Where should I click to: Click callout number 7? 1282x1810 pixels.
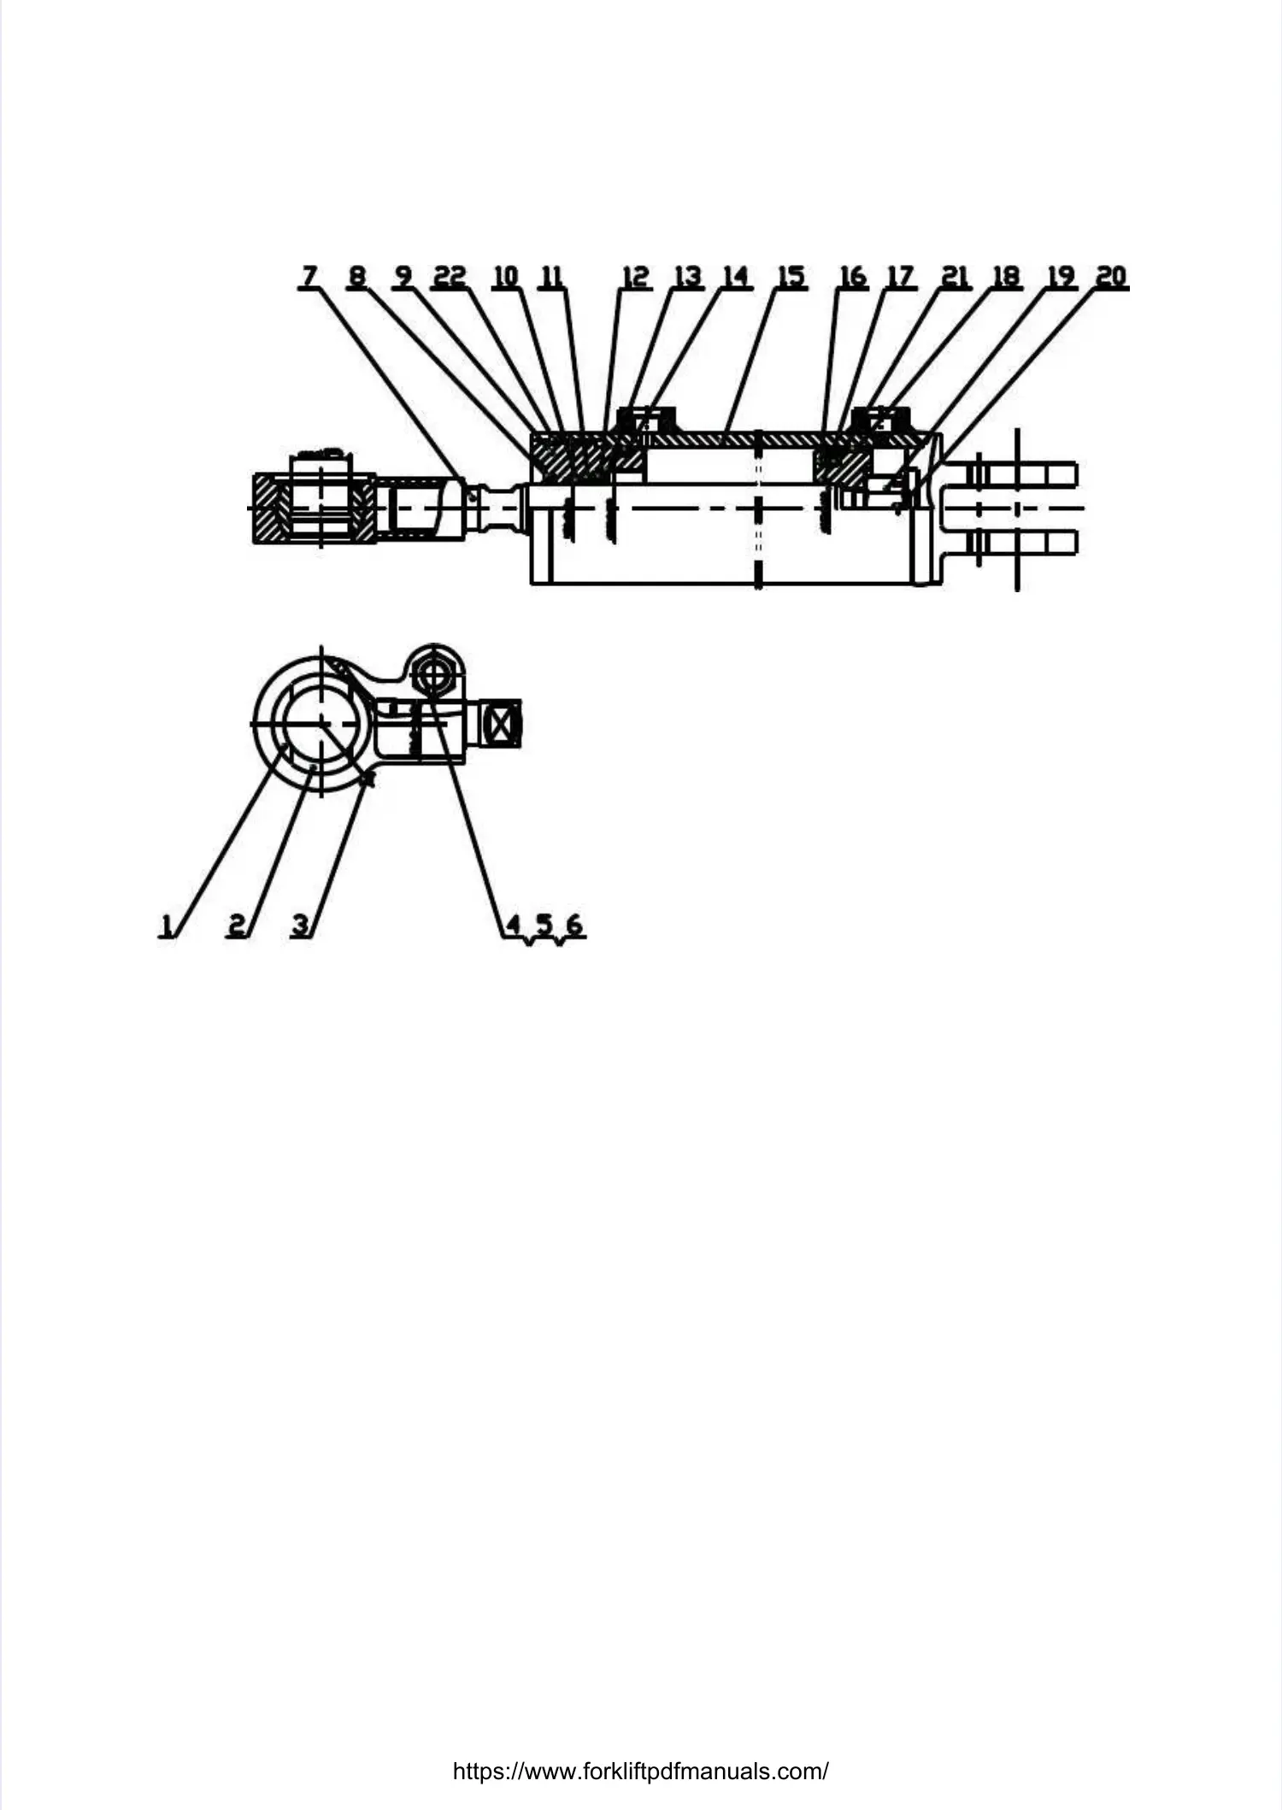[309, 276]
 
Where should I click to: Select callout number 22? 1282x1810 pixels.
[450, 276]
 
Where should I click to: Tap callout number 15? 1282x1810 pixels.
[791, 276]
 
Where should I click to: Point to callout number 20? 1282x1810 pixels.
[1111, 276]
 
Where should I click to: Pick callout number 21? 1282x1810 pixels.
[955, 276]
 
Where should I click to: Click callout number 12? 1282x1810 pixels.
[635, 276]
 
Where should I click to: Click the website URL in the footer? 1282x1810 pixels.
[640, 1771]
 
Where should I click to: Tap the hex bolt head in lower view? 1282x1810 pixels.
[434, 674]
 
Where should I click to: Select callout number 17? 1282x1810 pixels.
[901, 276]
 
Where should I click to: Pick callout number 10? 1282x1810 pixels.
[506, 276]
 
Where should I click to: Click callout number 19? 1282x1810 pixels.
[1061, 276]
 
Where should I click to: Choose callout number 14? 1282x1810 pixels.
[736, 276]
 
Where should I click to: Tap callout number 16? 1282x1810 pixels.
[852, 276]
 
